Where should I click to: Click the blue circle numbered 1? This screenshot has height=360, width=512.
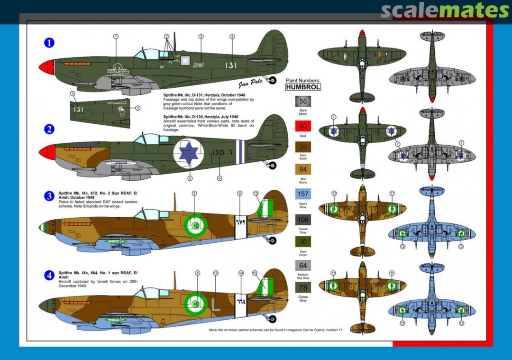(49, 43)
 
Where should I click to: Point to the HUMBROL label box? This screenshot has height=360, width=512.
(303, 87)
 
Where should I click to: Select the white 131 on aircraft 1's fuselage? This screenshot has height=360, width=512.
(231, 65)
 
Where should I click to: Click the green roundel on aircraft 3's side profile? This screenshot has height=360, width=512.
(195, 222)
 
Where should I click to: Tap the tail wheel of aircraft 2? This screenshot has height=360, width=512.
(272, 165)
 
